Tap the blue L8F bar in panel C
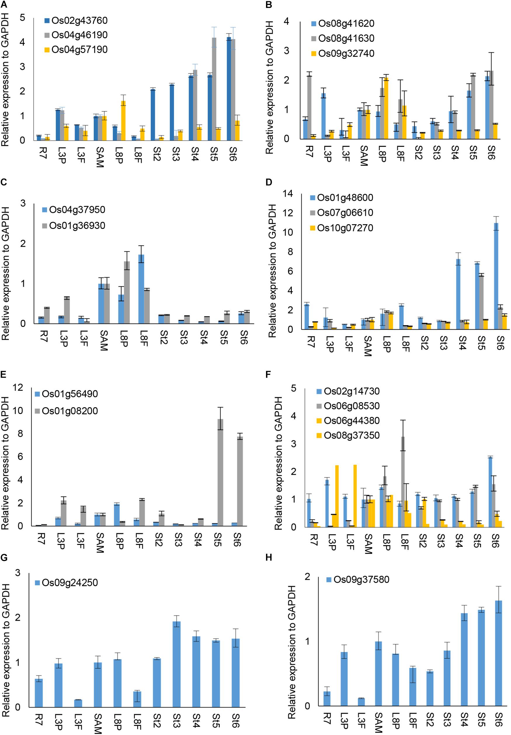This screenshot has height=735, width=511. (x=141, y=289)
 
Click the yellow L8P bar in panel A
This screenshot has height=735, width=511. (x=124, y=121)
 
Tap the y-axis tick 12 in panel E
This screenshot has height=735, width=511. (x=18, y=388)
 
